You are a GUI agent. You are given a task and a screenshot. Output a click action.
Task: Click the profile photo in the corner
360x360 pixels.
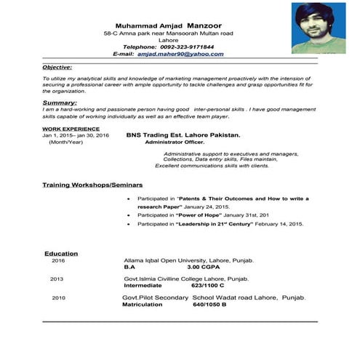click(x=318, y=28)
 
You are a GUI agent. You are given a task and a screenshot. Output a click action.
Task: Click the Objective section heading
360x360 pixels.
click(x=57, y=67)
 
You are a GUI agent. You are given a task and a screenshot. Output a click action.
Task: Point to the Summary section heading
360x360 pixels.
click(x=60, y=103)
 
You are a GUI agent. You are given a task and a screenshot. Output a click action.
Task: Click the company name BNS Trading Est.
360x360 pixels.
click(x=193, y=135)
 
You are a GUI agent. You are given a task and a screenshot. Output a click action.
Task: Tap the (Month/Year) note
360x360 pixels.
click(x=65, y=143)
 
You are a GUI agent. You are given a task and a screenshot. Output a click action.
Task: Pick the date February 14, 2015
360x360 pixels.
click(x=276, y=225)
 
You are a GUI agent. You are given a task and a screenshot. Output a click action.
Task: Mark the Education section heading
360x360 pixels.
click(x=61, y=253)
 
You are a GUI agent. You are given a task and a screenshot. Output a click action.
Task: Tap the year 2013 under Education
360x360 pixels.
click(x=57, y=279)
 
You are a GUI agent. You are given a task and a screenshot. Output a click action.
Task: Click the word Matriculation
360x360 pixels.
click(x=145, y=305)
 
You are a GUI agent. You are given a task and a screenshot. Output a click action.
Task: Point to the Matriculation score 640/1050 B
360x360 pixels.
click(x=209, y=305)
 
